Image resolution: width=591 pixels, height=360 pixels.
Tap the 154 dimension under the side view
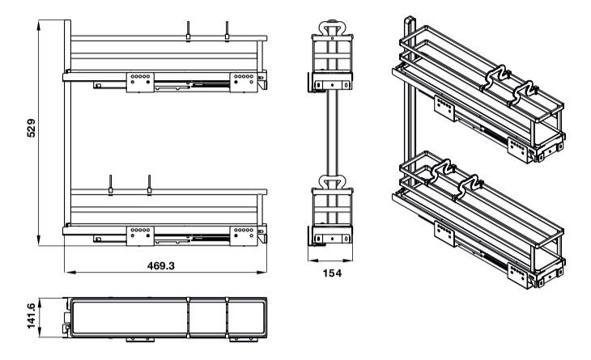click(x=332, y=273)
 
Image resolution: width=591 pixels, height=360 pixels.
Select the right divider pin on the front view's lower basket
click(x=149, y=184)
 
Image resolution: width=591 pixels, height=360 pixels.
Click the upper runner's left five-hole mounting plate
click(x=139, y=81)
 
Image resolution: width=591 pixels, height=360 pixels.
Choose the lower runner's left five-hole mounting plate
click(x=139, y=235)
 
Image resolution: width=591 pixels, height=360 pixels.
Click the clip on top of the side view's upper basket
click(x=332, y=26)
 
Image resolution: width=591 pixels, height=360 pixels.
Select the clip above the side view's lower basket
click(x=332, y=182)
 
